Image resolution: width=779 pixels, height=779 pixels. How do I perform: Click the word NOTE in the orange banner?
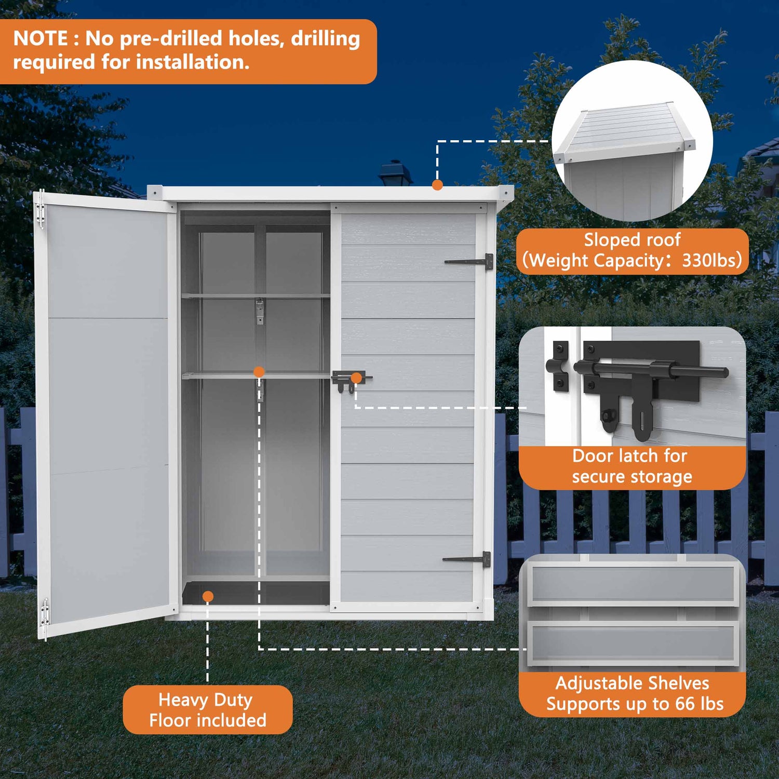pyautogui.click(x=41, y=39)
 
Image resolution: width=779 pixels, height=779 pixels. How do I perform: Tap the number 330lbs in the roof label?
pyautogui.click(x=711, y=260)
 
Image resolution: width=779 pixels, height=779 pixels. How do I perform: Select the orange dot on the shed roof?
pyautogui.click(x=437, y=185)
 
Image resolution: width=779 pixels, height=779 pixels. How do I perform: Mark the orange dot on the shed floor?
pyautogui.click(x=208, y=596)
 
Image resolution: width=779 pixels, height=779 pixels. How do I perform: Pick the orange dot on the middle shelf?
pyautogui.click(x=259, y=372)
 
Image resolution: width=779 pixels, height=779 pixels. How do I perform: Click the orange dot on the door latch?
pyautogui.click(x=356, y=378)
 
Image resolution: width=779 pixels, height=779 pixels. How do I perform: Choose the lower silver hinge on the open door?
pyautogui.click(x=45, y=613)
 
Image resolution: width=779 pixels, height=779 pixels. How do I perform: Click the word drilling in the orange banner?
pyautogui.click(x=325, y=39)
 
